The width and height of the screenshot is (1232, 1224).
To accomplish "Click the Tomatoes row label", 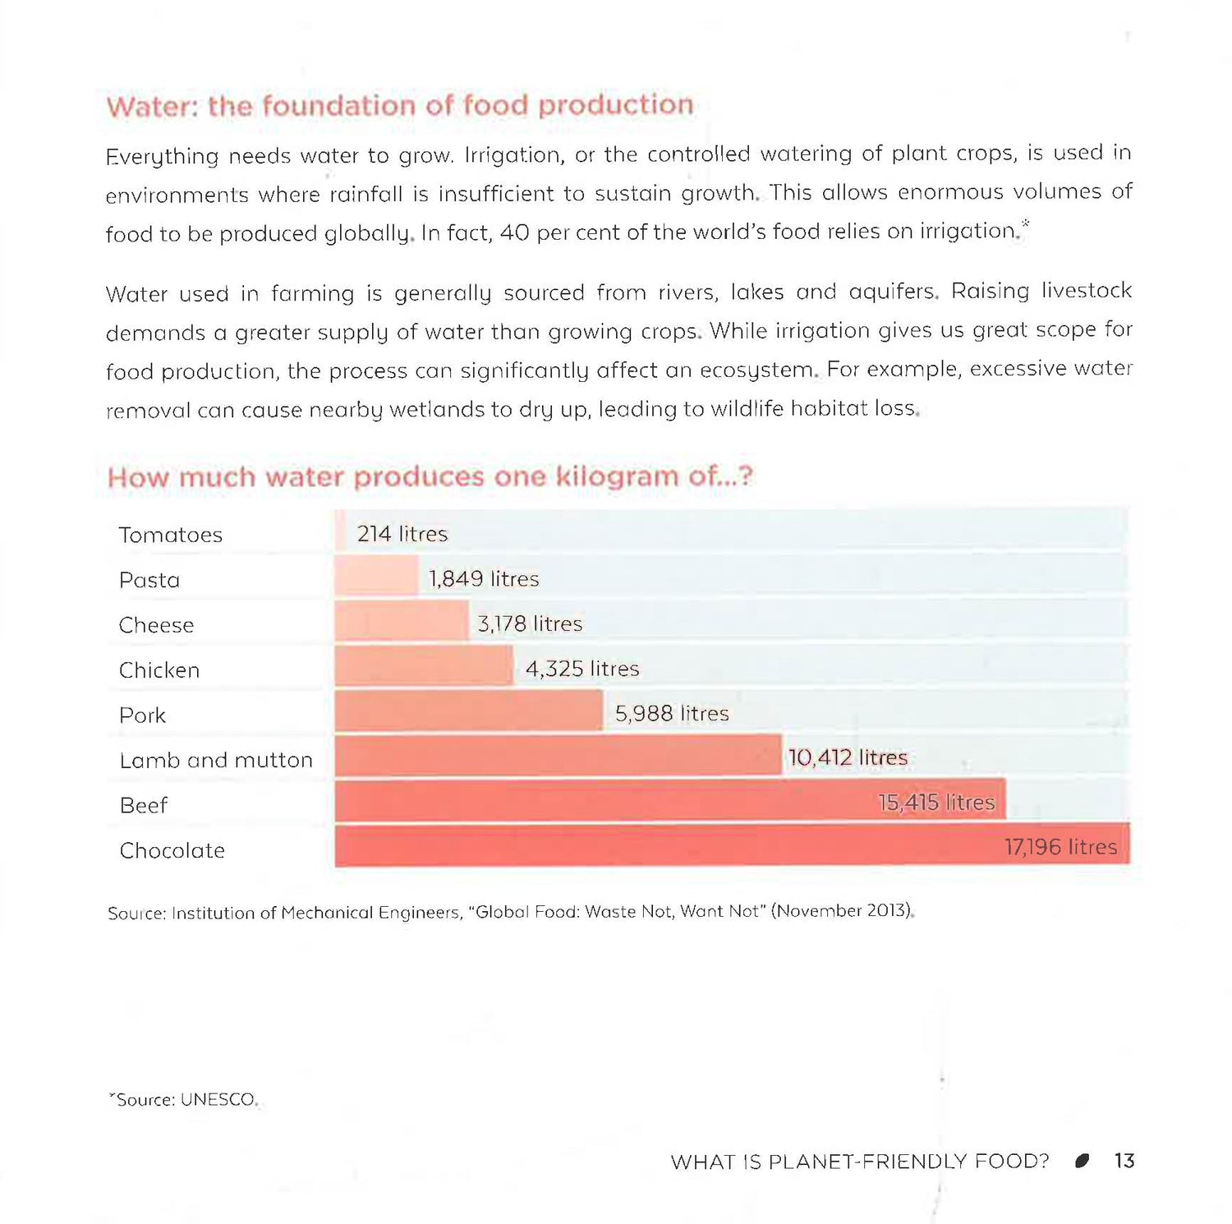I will tap(170, 535).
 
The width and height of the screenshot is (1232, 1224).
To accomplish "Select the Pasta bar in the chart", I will tap(376, 577).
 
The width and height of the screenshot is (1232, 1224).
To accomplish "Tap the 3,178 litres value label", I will tap(530, 624).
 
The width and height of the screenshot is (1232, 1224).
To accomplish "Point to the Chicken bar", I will tap(423, 666).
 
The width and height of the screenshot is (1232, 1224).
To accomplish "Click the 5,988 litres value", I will tap(672, 714).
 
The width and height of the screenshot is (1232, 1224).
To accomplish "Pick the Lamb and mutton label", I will tap(216, 761).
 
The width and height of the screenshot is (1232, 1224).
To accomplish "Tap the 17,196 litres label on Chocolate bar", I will tap(1060, 847).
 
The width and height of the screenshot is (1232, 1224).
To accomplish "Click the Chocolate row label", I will tap(172, 851).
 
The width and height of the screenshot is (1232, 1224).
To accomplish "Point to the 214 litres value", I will tap(402, 534).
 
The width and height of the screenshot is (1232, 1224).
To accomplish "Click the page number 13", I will tap(1124, 1161).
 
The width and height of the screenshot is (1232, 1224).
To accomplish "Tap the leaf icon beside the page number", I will tap(1083, 1161).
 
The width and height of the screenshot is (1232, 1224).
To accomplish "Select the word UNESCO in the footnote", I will tap(218, 1100).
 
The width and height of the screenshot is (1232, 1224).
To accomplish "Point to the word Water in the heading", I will tap(152, 107).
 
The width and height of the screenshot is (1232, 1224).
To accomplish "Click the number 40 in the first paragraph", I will tap(514, 232).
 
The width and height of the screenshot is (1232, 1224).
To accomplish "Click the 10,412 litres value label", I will tap(848, 757).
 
